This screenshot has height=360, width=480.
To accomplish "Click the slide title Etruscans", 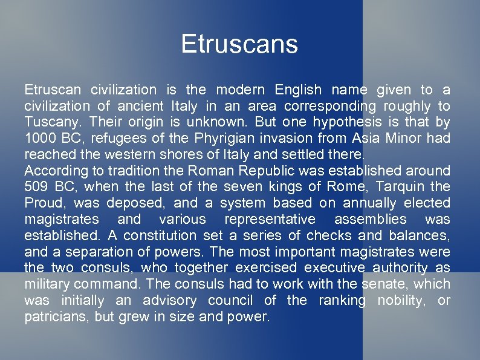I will point(239,45).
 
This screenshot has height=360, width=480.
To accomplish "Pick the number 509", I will point(37,187).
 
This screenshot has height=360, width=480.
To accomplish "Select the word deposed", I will point(139,203).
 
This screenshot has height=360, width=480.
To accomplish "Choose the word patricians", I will point(57,316).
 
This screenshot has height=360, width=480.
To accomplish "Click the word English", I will point(298,90).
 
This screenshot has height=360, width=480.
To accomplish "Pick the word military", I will point(46,284).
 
